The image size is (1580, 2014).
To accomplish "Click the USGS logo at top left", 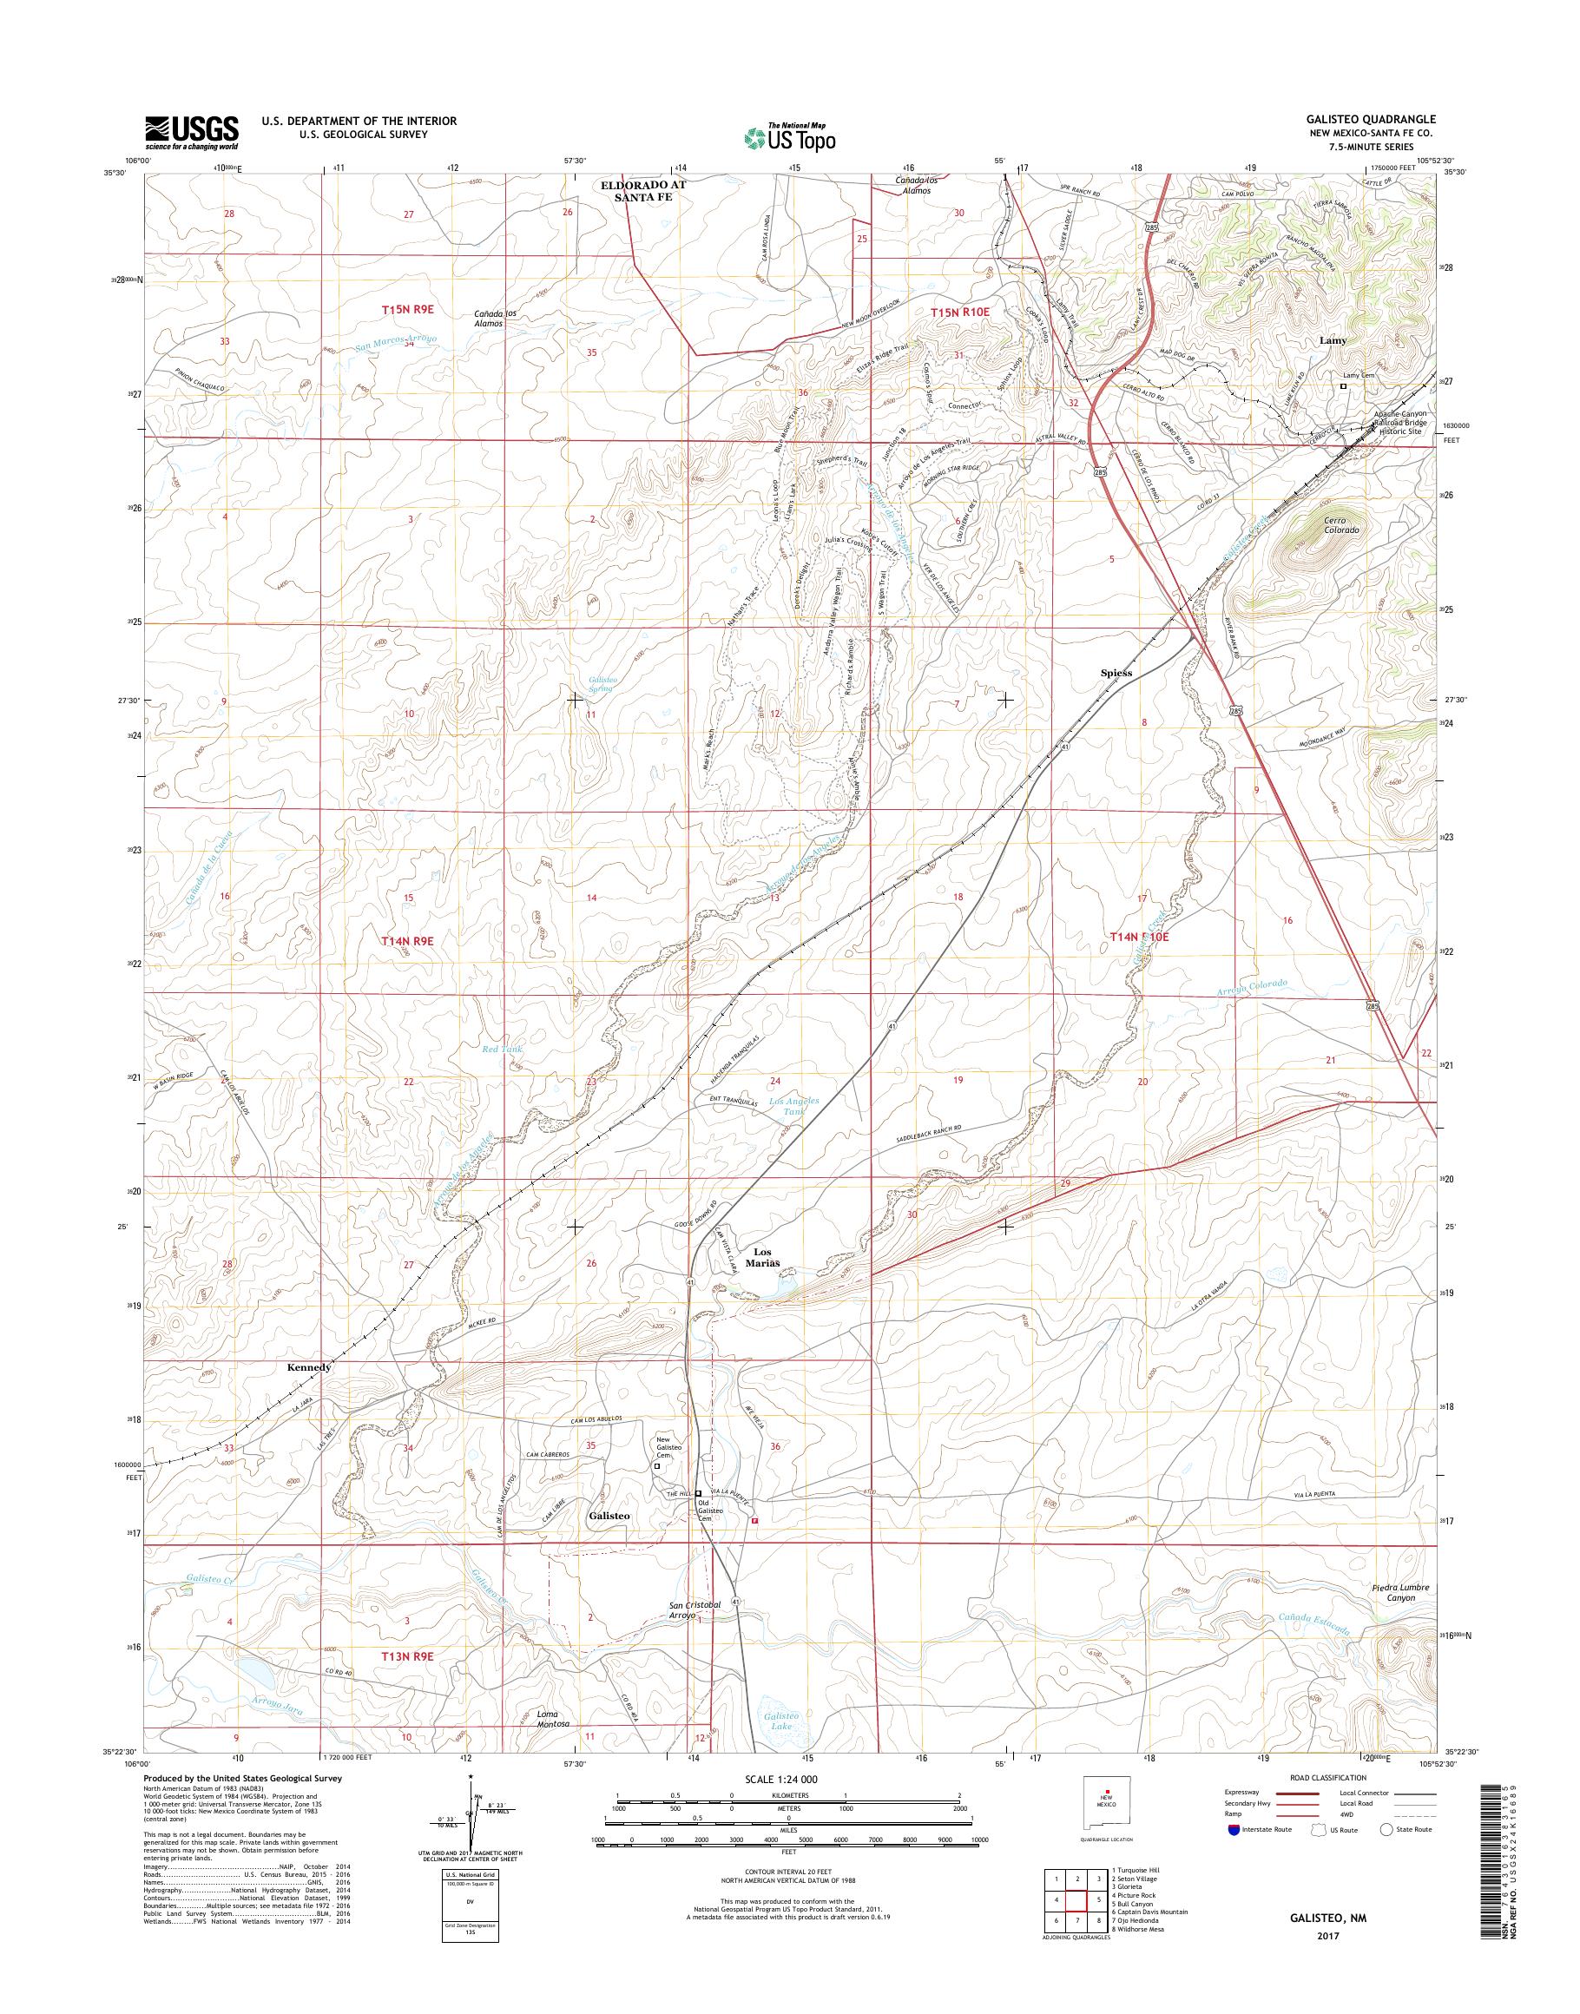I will pos(192,133).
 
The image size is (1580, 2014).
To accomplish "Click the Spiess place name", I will pos(1116,673).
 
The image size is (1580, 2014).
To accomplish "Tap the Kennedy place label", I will pos(308,1366).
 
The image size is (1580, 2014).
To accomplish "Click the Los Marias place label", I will pos(768,1257).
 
